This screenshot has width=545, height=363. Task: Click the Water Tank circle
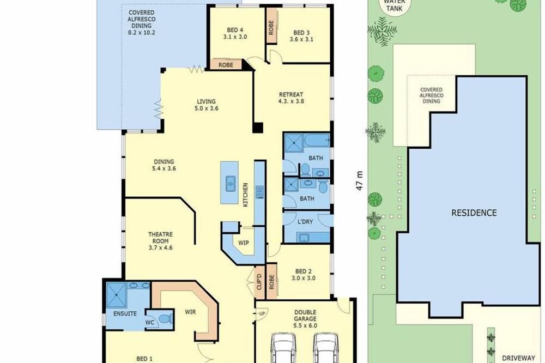tap(394, 5)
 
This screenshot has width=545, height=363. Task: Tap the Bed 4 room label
tap(235, 30)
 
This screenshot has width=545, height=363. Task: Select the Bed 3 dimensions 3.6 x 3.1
tap(301, 39)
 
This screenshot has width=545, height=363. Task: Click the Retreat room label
tap(291, 95)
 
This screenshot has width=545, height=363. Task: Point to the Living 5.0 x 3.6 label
tap(207, 105)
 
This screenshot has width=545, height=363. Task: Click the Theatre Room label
tap(160, 238)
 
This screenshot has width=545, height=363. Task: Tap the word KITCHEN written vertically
tap(245, 195)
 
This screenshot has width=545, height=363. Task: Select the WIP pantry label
tap(243, 243)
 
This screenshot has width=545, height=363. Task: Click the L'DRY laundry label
tap(305, 221)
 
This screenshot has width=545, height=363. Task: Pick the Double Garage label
tap(305, 316)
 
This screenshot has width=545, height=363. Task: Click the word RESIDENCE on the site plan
tap(474, 213)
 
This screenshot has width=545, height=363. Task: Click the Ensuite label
tap(125, 313)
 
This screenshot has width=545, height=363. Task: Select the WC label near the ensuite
tap(149, 323)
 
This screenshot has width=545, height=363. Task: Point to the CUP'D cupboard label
tap(259, 282)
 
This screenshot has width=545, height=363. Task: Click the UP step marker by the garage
tap(262, 314)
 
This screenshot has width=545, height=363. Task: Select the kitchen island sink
tap(230, 183)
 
